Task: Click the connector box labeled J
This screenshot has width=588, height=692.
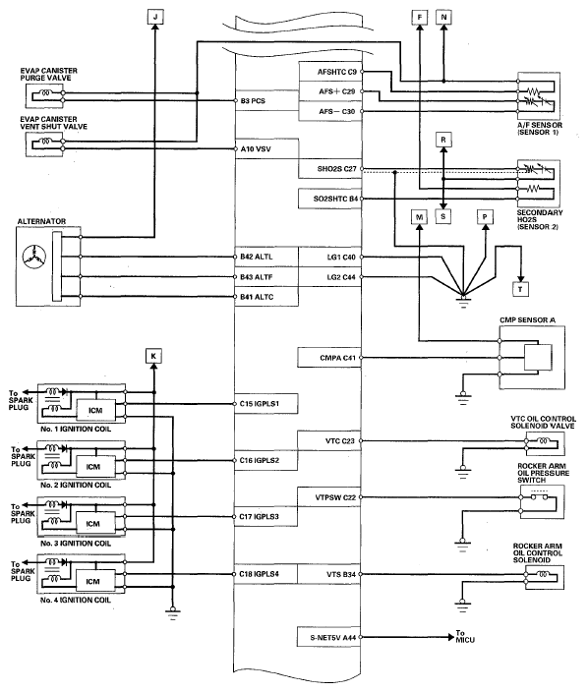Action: [155, 18]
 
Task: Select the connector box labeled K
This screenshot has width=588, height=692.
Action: [153, 356]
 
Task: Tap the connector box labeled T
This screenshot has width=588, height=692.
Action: [520, 289]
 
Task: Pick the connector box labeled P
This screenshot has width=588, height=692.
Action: [485, 216]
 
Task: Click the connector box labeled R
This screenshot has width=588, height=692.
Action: [443, 140]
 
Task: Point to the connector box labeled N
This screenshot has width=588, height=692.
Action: [443, 18]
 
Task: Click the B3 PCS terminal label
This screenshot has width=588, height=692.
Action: [253, 101]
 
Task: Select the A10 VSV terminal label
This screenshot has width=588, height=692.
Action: [256, 149]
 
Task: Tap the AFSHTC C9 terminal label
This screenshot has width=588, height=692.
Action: [337, 72]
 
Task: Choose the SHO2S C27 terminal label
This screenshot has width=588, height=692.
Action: [337, 169]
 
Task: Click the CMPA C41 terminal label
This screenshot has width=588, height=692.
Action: [337, 358]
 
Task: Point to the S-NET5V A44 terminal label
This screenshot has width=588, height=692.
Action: [332, 637]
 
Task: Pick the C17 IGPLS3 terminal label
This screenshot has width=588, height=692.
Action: [260, 516]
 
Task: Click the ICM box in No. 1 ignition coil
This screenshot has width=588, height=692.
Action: [95, 411]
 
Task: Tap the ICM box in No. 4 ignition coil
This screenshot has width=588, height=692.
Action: [92, 582]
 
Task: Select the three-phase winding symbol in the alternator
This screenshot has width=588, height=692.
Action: [34, 256]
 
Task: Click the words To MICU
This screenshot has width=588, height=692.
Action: [465, 636]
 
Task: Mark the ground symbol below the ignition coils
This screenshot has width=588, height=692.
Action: [173, 612]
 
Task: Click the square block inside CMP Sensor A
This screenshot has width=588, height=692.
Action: [538, 358]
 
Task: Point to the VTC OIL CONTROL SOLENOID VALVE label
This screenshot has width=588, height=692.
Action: [543, 423]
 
